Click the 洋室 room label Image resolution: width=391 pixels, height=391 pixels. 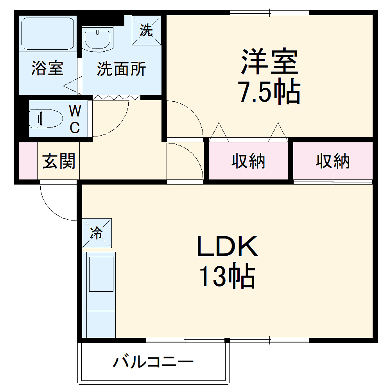pos(269,62)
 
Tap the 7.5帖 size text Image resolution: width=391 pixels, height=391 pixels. pos(269,92)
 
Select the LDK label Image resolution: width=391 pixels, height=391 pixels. pos(227,246)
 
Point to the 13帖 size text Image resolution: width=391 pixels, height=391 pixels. pos(227,277)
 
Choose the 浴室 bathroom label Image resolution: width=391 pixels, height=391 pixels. pos(47,69)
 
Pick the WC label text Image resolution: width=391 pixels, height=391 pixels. pos(75,119)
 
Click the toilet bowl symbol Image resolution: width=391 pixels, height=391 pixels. pos(46,118)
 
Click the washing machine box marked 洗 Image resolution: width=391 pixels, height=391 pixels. pos(146,30)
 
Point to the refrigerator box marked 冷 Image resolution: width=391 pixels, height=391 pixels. pos(97,233)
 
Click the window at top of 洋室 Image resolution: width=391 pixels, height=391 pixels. pos(270,13)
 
